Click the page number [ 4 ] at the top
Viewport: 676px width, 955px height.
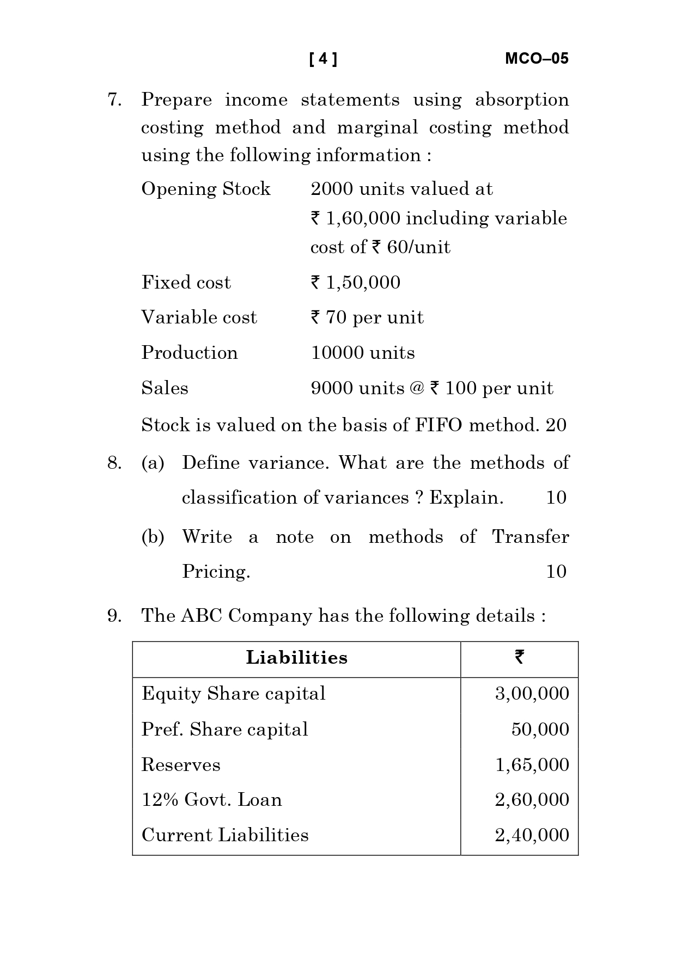[323, 59]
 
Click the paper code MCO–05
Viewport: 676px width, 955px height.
[537, 59]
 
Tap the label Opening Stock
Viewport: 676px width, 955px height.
[206, 189]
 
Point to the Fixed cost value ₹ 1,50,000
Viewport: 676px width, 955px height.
[355, 282]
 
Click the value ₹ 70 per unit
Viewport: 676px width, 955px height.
[367, 317]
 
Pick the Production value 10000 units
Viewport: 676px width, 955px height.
[363, 353]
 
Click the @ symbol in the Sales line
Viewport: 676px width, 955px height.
[416, 388]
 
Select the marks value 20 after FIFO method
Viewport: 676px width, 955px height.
[556, 425]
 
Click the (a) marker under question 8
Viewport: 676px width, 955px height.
[153, 463]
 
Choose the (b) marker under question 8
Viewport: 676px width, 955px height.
[153, 537]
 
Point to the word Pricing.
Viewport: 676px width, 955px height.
[216, 571]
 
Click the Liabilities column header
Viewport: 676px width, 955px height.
[296, 658]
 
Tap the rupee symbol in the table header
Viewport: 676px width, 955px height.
[519, 658]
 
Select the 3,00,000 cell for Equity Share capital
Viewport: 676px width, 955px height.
[532, 694]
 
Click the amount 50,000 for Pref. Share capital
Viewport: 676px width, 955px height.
[540, 729]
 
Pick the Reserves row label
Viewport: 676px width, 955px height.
[181, 764]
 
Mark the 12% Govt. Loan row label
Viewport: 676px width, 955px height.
[212, 800]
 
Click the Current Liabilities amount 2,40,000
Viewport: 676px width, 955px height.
[532, 835]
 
